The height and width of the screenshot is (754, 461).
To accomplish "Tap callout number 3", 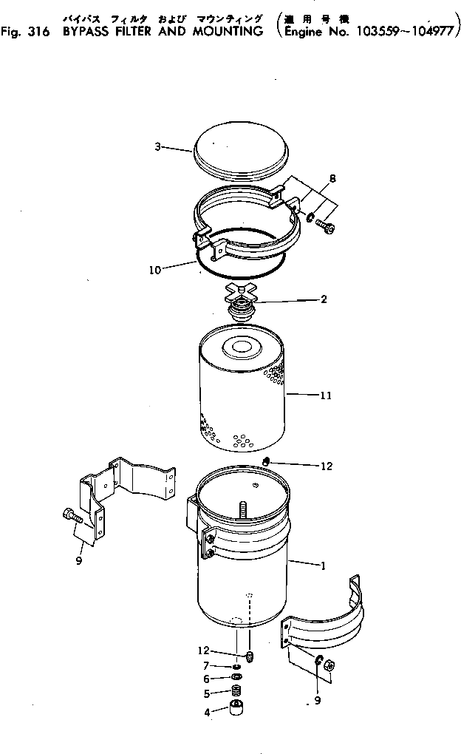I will click(x=157, y=147).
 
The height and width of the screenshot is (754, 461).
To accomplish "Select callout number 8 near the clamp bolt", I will click(x=332, y=178).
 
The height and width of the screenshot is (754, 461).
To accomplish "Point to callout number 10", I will click(x=154, y=271).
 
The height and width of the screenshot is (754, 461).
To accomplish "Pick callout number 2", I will click(x=324, y=300).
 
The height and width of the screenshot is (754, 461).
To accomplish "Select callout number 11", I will click(x=325, y=395).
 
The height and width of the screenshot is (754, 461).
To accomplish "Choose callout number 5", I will click(x=208, y=693).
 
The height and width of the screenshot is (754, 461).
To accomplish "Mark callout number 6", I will click(x=208, y=679).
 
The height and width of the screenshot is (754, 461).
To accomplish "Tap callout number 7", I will click(x=208, y=666).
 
